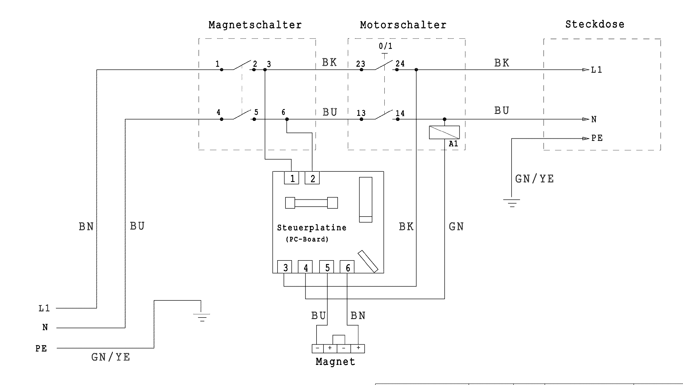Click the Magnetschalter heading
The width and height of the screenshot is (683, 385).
[x=255, y=25]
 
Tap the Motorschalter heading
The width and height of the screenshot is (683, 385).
[x=403, y=25]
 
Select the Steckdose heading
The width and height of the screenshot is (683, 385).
[x=595, y=24]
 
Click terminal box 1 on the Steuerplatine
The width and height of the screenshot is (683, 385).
[x=291, y=178]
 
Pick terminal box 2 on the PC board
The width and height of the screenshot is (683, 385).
[x=312, y=178]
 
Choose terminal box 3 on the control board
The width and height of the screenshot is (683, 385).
[x=284, y=267]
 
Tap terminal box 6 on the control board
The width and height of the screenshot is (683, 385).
[x=347, y=267]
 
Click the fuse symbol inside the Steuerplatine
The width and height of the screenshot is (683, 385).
[x=312, y=203]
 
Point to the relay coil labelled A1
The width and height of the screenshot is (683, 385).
[x=444, y=132]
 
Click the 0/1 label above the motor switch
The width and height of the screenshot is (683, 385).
[x=385, y=46]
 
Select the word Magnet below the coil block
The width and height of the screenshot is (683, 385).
[x=335, y=362]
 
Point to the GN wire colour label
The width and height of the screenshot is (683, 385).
[x=456, y=227]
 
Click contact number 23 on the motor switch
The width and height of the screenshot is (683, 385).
[x=360, y=64]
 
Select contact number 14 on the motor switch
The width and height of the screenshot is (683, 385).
[x=400, y=113]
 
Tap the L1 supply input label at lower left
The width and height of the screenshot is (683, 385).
[x=44, y=308]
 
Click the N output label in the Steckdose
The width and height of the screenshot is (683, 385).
[x=594, y=119]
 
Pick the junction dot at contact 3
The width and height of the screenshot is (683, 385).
[x=265, y=70]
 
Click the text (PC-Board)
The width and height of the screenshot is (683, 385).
[x=307, y=239]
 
